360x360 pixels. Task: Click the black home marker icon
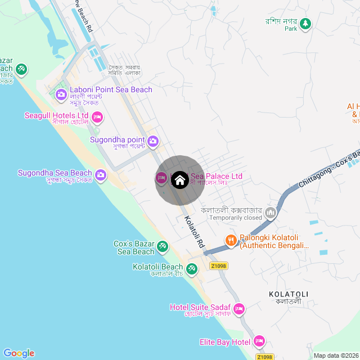click(x=179, y=180)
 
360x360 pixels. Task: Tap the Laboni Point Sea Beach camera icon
click(x=61, y=93)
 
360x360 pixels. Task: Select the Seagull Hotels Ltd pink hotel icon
click(x=97, y=117)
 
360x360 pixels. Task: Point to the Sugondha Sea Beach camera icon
click(x=101, y=174)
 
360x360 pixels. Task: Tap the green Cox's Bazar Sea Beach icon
click(x=163, y=246)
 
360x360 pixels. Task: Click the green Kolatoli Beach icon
click(x=192, y=269)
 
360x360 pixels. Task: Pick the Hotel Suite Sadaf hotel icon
click(x=239, y=309)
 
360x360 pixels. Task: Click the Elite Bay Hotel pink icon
click(x=259, y=341)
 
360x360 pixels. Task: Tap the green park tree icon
click(x=305, y=24)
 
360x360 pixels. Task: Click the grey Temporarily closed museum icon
click(x=271, y=213)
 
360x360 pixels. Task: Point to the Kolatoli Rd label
click(x=193, y=232)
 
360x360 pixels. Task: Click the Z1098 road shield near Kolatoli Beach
click(x=220, y=266)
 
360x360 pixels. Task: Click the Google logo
click(x=19, y=353)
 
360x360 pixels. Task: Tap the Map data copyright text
click(x=335, y=355)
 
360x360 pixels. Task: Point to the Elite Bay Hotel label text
click(x=225, y=342)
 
